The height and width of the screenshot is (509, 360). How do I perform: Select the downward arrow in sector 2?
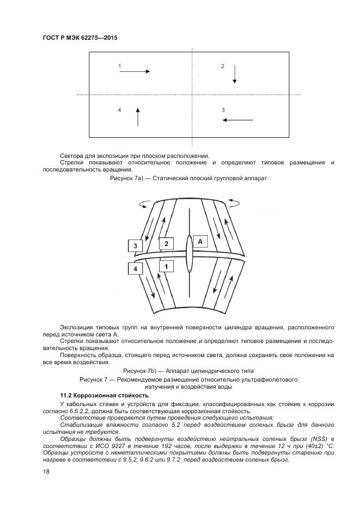tap(235, 73)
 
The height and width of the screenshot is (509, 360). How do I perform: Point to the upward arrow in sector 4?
tap(138, 116)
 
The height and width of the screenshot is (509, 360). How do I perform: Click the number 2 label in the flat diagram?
tap(222, 66)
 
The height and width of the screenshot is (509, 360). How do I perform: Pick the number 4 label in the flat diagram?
tap(119, 111)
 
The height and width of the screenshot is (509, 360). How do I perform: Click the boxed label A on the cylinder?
tap(200, 241)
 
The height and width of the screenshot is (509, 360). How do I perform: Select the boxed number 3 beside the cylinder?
tap(135, 246)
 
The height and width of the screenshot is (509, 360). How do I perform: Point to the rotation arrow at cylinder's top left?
tap(145, 204)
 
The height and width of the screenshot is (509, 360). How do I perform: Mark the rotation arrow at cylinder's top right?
tap(235, 204)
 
